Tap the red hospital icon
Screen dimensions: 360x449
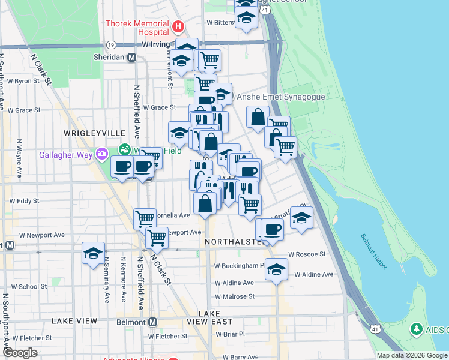(x=178, y=26)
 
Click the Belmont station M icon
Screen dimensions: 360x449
(x=152, y=322)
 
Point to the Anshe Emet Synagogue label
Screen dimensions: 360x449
(x=281, y=97)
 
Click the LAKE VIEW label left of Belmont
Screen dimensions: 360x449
(x=74, y=321)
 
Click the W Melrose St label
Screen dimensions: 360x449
(x=235, y=296)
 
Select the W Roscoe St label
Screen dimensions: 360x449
(x=307, y=254)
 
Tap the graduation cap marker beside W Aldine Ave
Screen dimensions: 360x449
(x=276, y=268)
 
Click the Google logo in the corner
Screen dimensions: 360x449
(x=20, y=353)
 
